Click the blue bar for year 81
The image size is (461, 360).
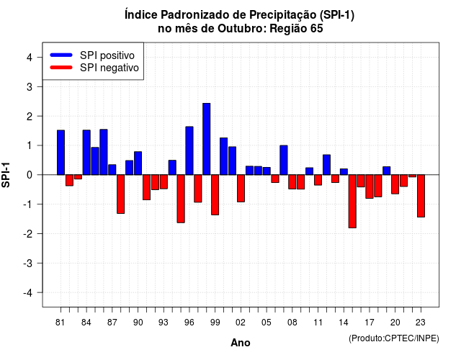pos(61,153)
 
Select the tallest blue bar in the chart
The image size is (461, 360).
pos(207,139)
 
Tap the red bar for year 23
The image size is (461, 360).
pos(421,196)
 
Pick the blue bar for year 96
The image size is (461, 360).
pos(189,150)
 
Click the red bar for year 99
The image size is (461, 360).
pos(215,195)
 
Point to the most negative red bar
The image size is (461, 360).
pos(352,202)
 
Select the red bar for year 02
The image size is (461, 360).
pos(241,189)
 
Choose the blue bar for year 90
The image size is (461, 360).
pos(138,163)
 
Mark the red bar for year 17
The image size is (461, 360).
pos(370,186)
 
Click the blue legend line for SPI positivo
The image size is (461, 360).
pos(61,55)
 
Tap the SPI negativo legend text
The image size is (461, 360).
pos(109,68)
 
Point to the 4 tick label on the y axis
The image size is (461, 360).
pos(30,58)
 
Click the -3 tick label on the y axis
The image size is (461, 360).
pos(27,264)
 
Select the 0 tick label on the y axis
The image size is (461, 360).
pos(30,175)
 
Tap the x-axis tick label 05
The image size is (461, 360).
pos(267,323)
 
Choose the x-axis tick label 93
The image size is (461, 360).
pos(164,323)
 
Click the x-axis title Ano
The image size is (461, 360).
pos(241,343)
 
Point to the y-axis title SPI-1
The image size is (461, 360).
pos(6,175)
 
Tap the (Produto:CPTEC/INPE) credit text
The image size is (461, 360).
pos(394,338)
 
